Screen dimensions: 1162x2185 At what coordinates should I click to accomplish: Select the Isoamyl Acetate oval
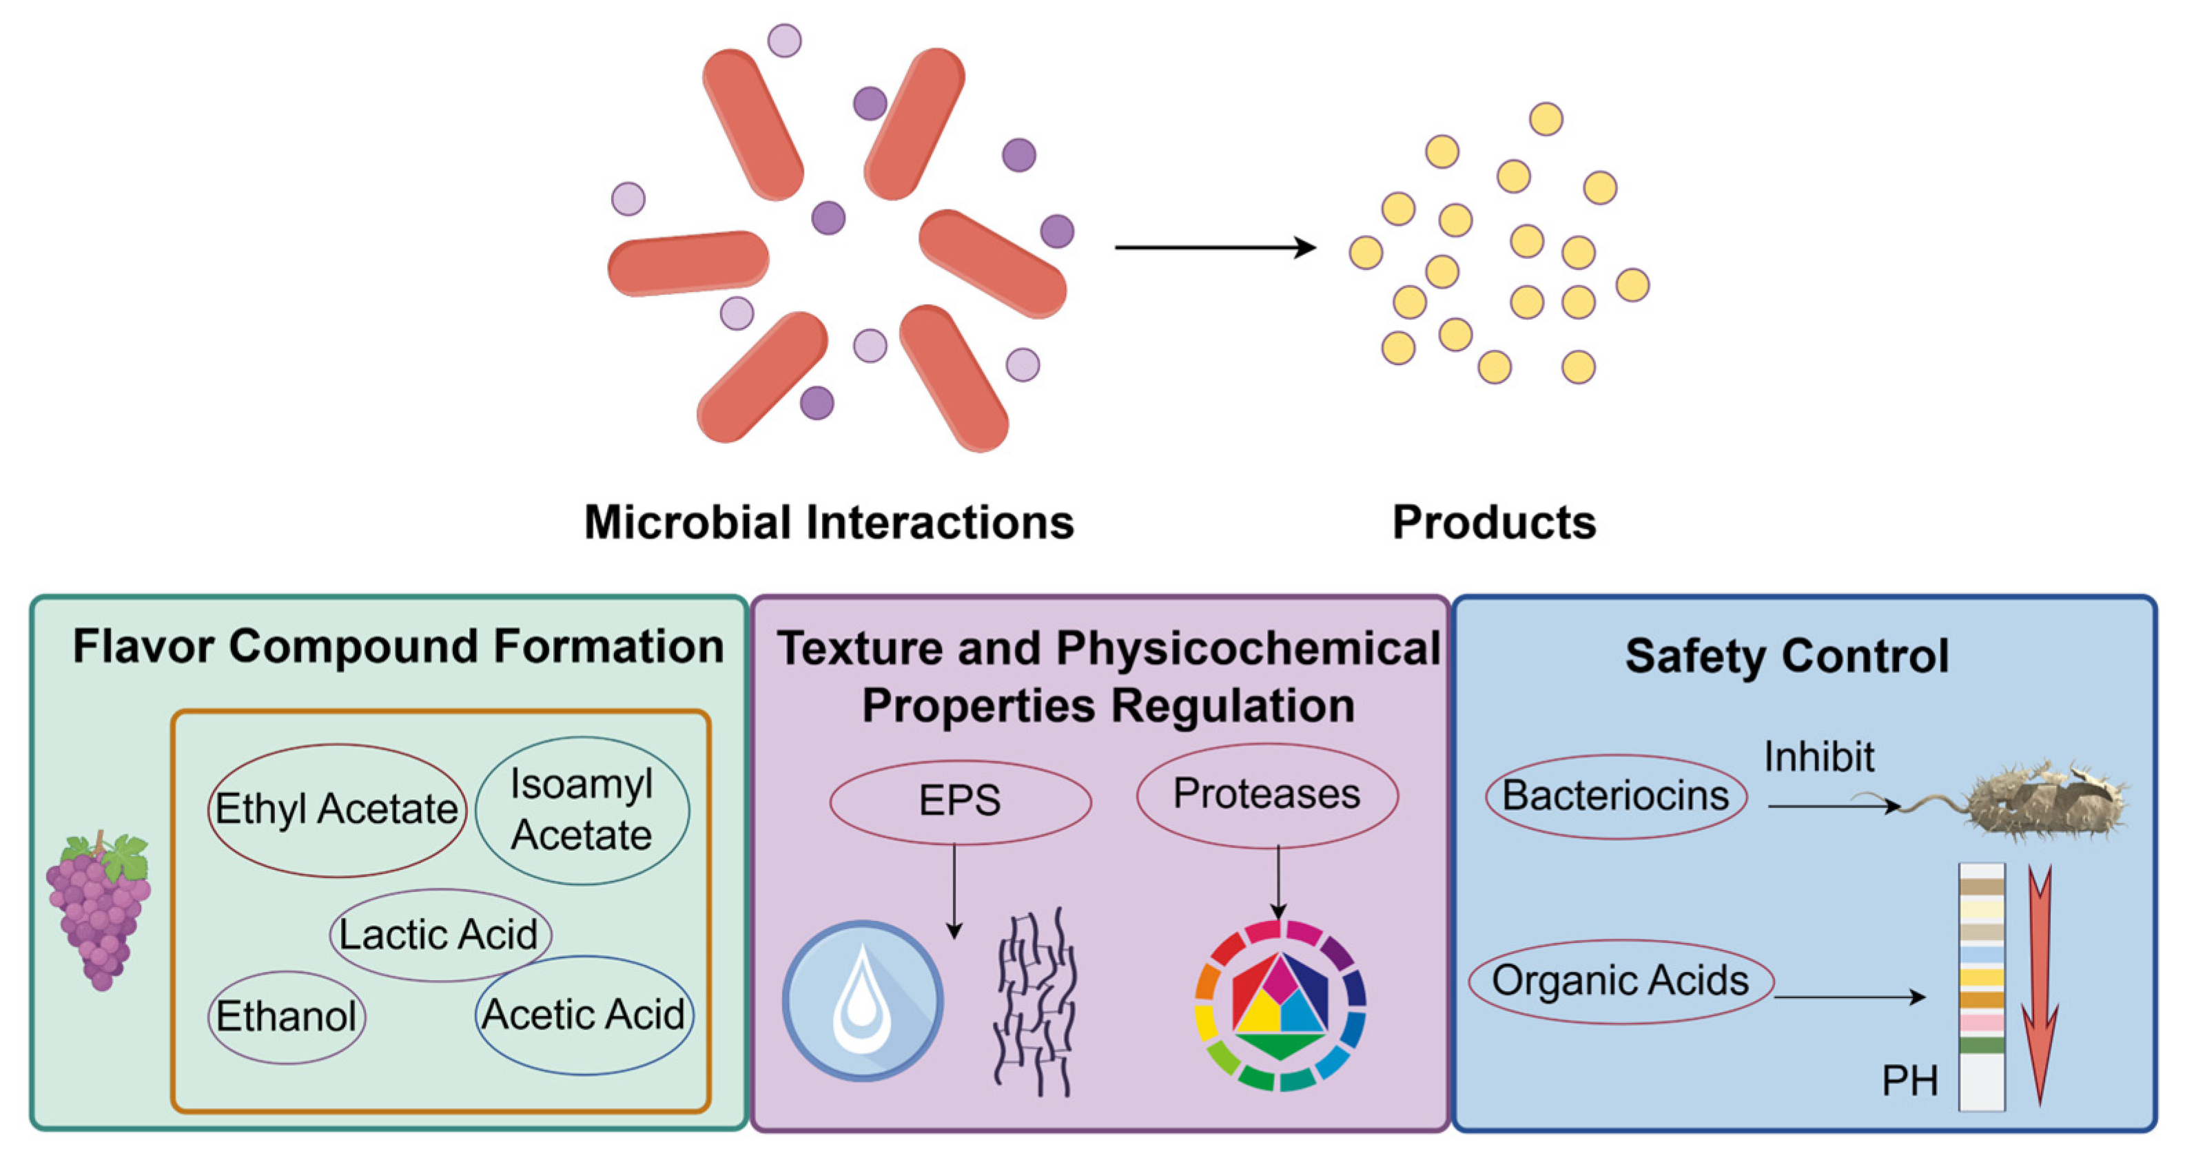point(582,809)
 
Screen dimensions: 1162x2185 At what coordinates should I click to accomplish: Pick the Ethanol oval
point(287,1016)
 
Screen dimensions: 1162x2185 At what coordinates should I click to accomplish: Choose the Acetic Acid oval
point(584,1015)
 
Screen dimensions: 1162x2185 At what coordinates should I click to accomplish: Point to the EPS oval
point(959,800)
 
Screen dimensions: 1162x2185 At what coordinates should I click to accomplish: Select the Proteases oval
point(1266,794)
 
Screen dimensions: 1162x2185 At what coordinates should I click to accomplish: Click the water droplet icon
point(862,1000)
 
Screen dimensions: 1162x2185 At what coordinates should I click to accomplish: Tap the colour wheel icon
point(1279,1004)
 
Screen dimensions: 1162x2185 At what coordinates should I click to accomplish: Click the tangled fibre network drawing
point(1035,1001)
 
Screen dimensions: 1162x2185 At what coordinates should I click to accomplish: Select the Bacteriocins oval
point(1615,796)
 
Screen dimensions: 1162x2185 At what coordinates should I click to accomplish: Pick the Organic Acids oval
point(1620,980)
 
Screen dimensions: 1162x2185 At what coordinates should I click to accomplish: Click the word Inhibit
point(1818,756)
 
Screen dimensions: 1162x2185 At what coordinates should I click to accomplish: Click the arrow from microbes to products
point(1215,248)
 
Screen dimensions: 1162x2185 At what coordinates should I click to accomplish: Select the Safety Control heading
point(1786,656)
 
